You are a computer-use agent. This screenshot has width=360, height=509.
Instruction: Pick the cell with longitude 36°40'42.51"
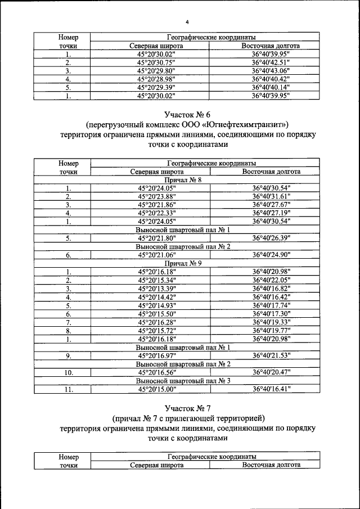(270, 63)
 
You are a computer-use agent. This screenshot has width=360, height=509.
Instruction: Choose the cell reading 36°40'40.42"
(270, 80)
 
